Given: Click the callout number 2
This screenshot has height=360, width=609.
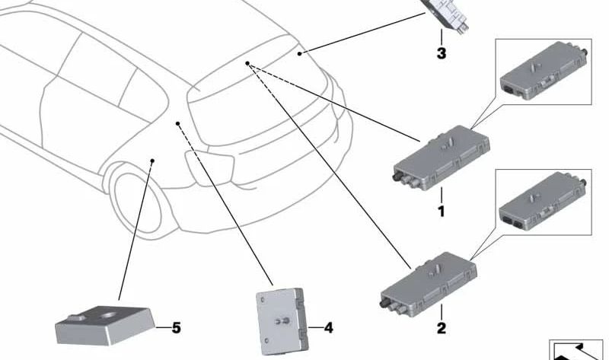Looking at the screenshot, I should pos(441,330).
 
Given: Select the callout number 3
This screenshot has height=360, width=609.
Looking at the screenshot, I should pos(441,53).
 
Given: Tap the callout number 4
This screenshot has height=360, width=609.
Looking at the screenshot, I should pos(328,329).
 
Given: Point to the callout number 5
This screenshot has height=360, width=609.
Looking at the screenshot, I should pos(176,328).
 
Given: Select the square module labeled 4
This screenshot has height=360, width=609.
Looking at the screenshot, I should pos(279,317).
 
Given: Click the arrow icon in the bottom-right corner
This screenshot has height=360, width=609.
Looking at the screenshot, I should pos(576,349).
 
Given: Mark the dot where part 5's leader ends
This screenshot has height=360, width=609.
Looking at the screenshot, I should pos(153,161).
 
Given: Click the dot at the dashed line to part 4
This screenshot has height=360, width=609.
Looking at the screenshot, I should pos(177,123).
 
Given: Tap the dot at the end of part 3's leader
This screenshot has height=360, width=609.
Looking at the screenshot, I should pos(301,53).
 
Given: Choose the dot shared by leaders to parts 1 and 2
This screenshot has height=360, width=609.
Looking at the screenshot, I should pos(248,64).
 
